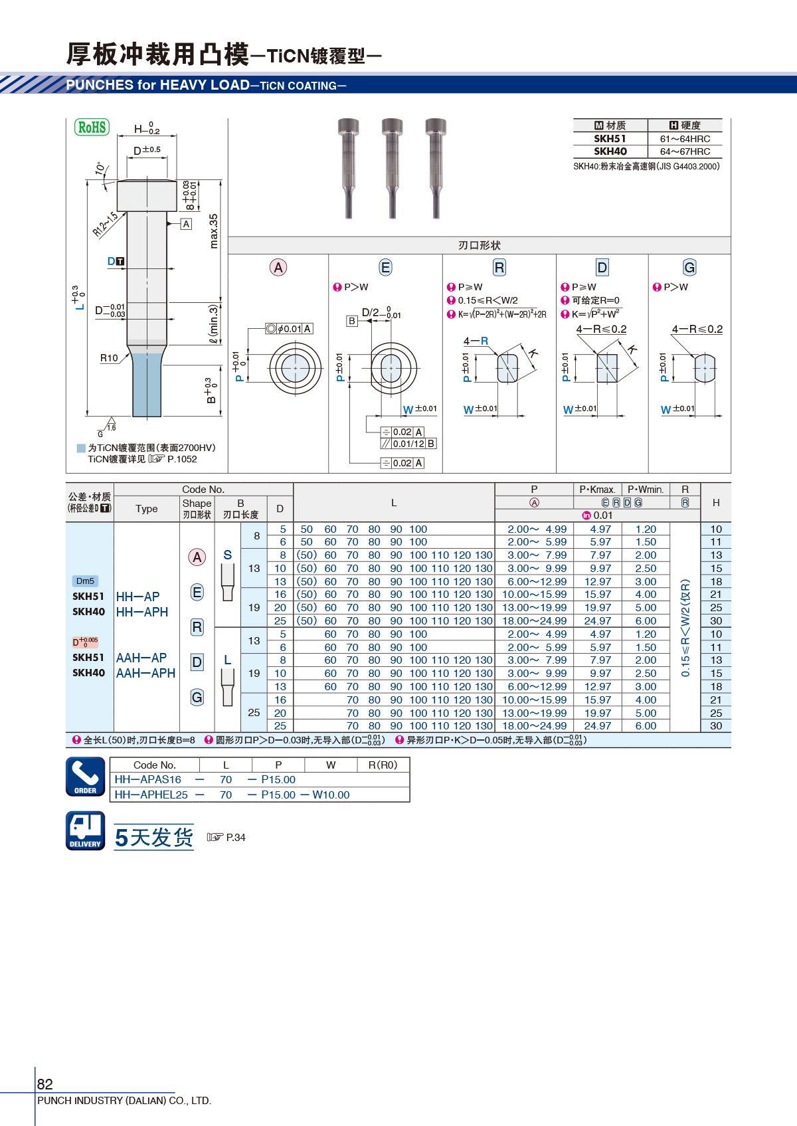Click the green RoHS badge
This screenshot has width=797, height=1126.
pos(92,127)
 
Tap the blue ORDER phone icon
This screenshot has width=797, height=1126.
pos(86,777)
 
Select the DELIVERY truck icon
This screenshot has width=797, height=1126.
pos(86,830)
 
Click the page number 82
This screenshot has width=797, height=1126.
pos(44,1083)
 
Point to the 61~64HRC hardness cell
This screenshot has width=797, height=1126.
pos(685,139)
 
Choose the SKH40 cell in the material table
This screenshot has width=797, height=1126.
pos(610,151)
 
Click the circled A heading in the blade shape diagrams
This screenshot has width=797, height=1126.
pos(278,268)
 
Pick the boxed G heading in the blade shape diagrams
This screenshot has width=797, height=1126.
pos(689,268)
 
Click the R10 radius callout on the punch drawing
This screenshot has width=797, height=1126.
pos(109,358)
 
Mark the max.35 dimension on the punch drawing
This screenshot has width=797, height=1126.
pos(214,231)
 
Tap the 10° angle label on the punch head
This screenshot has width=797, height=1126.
pos(101,168)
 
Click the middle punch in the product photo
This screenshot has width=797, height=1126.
pos(392,168)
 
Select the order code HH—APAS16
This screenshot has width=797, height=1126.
pos(147,780)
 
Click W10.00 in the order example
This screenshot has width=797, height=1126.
pos(331,795)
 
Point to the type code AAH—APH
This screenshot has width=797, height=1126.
pos(145,673)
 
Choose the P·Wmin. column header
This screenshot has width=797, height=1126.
pos(646,489)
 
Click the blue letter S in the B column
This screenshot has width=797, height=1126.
pos(228,555)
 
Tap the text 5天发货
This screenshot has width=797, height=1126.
pos(154,837)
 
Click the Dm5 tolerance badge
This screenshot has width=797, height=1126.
pos(86,581)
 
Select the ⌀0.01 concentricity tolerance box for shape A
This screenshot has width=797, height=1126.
pos(289,329)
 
